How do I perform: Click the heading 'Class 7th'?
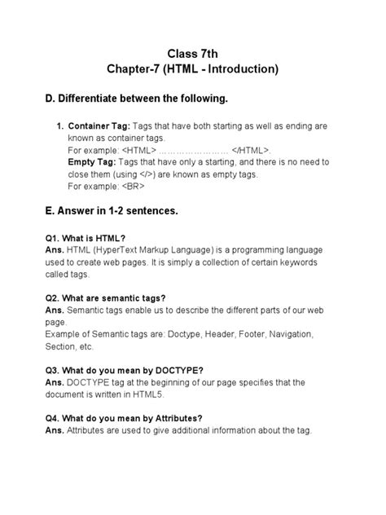pyautogui.click(x=192, y=52)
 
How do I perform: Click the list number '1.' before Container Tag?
pyautogui.click(x=59, y=128)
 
